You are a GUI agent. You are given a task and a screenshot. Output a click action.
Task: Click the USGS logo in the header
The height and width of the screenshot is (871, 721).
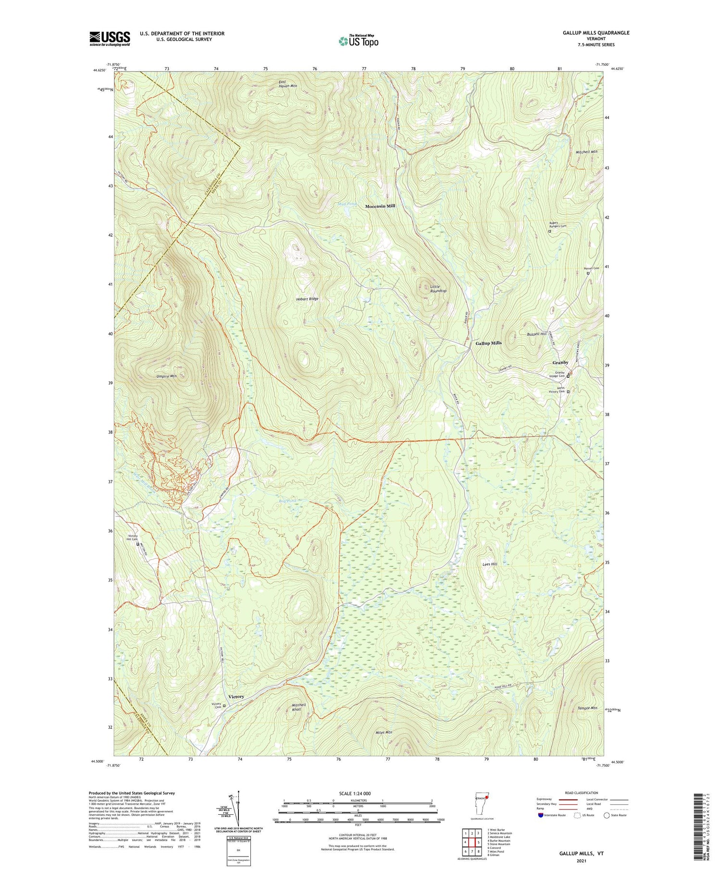110,38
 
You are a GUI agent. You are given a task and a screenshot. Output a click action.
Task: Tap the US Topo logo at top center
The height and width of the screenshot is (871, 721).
358,41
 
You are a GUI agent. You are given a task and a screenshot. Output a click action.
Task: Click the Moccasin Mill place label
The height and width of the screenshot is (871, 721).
380,206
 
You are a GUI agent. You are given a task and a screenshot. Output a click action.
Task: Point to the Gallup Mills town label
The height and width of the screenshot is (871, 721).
488,343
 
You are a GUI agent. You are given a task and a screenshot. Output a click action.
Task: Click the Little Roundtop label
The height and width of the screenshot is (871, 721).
438,289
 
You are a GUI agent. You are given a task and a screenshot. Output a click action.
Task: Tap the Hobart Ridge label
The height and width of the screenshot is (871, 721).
307,299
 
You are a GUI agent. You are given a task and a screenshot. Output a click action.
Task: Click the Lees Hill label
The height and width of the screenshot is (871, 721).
490,564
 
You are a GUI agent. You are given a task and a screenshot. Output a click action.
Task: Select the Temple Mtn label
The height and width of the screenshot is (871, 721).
587,708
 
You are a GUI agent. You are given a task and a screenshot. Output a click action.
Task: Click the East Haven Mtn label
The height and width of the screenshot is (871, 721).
287,84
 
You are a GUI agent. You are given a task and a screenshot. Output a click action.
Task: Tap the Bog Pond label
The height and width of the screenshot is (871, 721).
288,501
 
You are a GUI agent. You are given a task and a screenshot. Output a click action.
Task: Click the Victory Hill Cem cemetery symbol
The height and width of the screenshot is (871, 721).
137,544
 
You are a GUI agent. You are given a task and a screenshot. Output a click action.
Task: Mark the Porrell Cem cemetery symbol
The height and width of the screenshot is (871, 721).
588,273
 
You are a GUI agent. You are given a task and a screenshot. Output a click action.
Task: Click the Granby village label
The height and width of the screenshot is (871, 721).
560,362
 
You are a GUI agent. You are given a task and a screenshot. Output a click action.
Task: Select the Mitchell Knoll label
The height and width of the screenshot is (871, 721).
298,707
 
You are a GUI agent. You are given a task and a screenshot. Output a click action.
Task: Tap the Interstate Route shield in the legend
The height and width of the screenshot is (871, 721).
540,815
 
